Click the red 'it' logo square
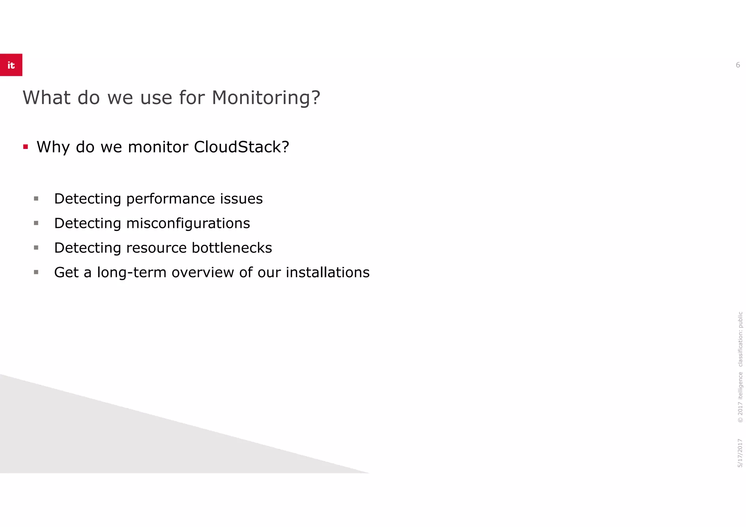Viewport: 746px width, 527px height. tap(11, 65)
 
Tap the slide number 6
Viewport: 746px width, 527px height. tap(738, 65)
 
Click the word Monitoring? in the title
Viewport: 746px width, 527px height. tap(266, 98)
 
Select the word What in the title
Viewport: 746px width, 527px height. tap(47, 98)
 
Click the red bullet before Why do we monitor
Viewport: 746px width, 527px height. tap(25, 147)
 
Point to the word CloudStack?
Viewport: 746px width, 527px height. tap(242, 147)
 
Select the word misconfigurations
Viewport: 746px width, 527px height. tap(188, 223)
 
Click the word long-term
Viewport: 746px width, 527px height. tap(131, 272)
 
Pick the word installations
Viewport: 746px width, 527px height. tap(327, 272)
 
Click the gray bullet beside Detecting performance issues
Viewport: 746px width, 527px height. tap(36, 199)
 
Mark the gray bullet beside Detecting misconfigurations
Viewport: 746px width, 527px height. tap(36, 223)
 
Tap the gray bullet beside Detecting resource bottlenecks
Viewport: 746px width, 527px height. tap(36, 248)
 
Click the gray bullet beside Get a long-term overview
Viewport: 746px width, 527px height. tap(36, 272)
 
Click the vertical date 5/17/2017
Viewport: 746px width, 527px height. tap(740, 453)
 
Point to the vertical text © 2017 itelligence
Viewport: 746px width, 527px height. tap(740, 397)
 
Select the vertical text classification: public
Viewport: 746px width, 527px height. tap(740, 339)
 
